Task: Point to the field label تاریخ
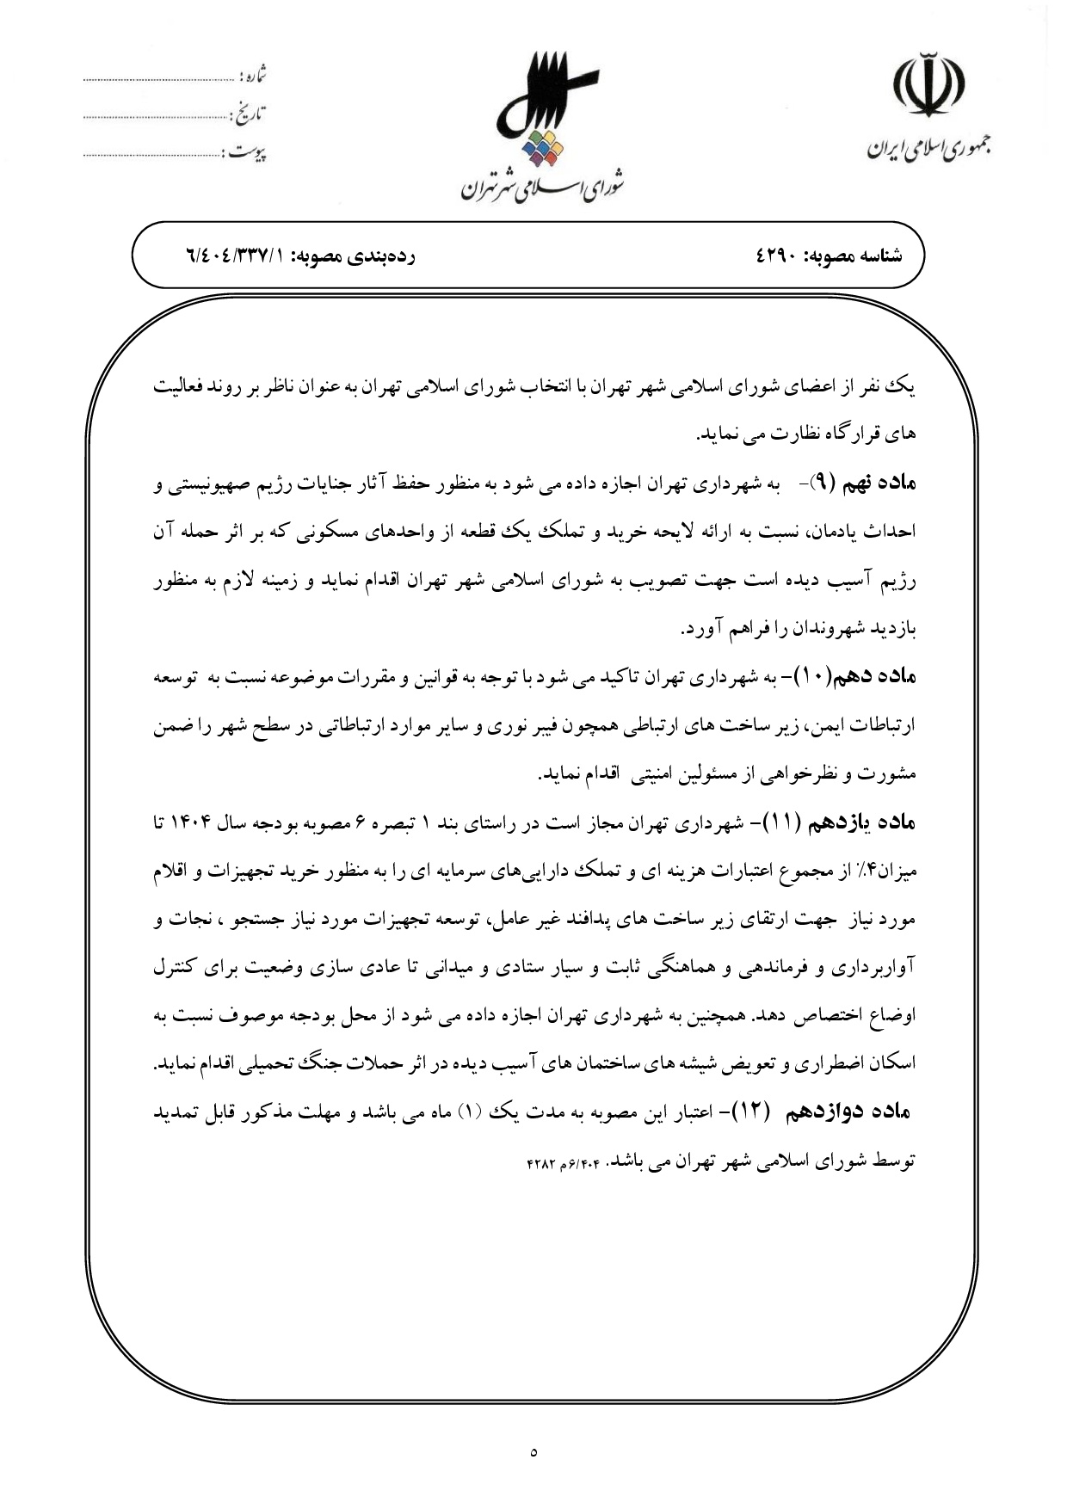249,112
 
